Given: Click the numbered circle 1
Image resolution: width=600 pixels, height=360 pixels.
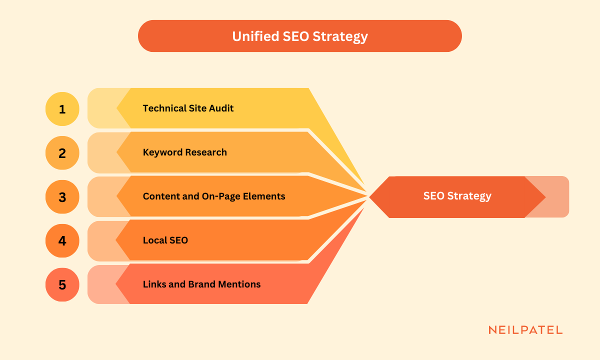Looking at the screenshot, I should [x=62, y=108].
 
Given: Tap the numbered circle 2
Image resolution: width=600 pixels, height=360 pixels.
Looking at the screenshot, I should [x=62, y=152].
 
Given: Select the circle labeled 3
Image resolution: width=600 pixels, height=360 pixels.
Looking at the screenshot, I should [x=62, y=196].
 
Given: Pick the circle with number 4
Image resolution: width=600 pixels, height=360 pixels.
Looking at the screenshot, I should [x=62, y=240].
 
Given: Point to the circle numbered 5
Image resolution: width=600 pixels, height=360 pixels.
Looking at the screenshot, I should [x=62, y=284].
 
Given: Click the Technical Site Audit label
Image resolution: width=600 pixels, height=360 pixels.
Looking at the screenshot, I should [x=188, y=108].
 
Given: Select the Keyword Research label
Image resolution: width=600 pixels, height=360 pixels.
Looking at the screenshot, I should [x=184, y=152].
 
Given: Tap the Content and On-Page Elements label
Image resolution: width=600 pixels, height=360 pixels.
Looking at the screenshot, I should [x=213, y=196].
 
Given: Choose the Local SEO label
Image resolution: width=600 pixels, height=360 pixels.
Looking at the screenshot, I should [x=165, y=240].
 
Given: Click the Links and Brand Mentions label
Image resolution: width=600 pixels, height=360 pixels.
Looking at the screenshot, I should [x=201, y=284].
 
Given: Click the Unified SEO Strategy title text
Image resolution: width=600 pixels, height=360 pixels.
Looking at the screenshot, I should [x=299, y=36].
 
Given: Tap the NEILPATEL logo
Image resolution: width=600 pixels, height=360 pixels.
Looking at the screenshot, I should [x=525, y=330].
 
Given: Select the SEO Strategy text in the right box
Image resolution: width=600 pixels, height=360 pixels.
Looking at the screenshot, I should [x=457, y=196].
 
